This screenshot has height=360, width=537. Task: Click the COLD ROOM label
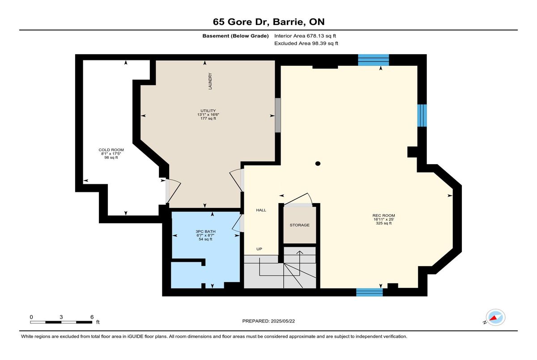[x=111, y=150]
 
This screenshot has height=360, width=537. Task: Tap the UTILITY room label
[x=208, y=110]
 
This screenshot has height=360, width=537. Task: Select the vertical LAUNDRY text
[x=210, y=81]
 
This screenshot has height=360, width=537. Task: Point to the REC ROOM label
[x=384, y=216]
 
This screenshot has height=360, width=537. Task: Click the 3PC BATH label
[x=205, y=231]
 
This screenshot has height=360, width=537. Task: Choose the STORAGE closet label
[x=299, y=225]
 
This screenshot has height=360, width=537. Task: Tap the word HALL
[x=261, y=210]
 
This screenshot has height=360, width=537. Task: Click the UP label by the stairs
[x=259, y=249]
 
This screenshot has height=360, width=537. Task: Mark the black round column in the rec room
[x=318, y=164]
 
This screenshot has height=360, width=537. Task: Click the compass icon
[x=495, y=317]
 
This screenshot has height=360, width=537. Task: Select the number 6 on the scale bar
[x=92, y=317]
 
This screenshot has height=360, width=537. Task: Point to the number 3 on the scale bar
[x=61, y=317]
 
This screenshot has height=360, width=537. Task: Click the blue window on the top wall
[x=373, y=60]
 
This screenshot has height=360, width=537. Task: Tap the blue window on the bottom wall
[x=370, y=292]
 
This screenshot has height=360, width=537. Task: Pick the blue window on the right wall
[x=422, y=115]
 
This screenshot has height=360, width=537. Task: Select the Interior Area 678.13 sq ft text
[x=305, y=36]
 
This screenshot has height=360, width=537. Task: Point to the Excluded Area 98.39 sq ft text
[x=306, y=43]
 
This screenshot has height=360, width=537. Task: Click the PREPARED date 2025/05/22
[x=283, y=321]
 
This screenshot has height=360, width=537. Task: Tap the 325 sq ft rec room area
[x=384, y=223]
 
